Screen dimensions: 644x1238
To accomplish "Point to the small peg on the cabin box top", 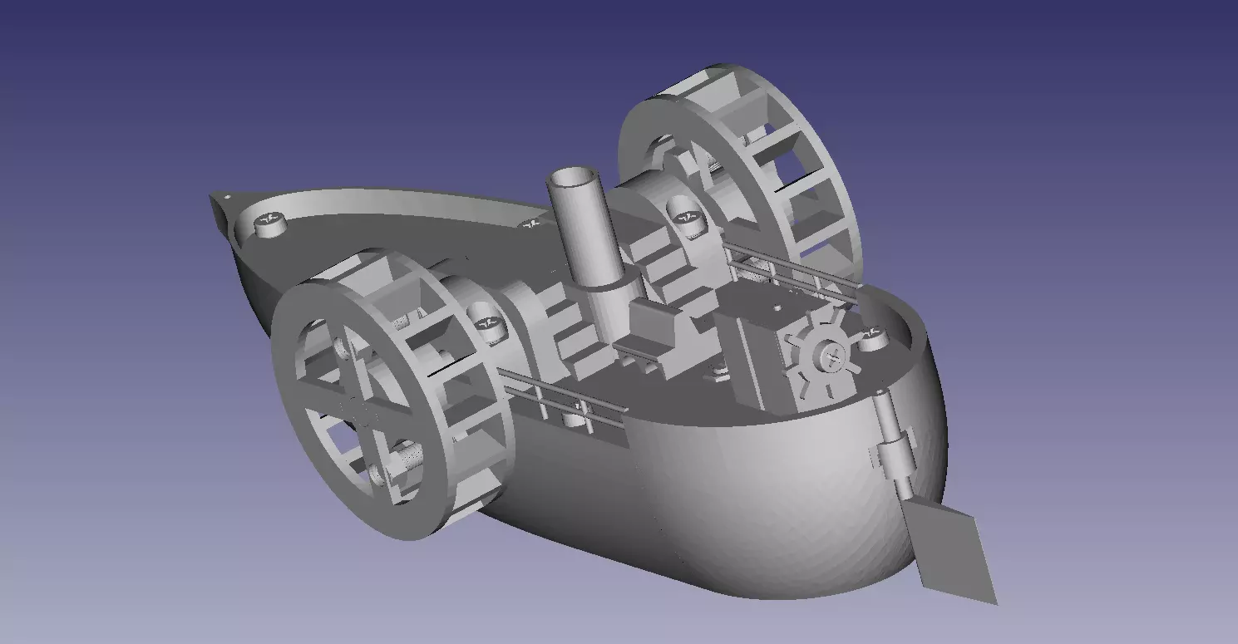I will [777, 307].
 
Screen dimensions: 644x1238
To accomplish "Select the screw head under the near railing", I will [574, 419].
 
